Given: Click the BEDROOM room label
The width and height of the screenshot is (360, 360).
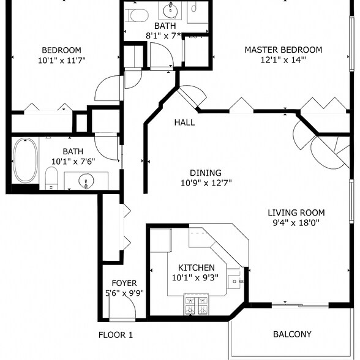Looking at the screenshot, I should pos(61,50).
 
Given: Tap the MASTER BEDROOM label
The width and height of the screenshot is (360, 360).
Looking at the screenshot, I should pos(283,50).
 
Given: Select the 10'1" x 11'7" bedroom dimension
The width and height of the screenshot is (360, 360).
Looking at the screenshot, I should pos(61,61).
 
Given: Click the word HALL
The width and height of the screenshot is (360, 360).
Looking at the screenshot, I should pos(184,122).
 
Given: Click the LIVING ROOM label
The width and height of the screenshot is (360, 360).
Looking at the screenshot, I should pos(296,212).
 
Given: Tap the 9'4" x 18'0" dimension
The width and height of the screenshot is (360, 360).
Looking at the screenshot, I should pos(296,223).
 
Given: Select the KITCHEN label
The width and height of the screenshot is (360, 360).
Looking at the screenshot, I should pos(196,268).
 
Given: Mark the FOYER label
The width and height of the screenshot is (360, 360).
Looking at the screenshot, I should pos(124,283).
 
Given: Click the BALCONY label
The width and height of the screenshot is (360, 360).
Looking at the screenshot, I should pos(291,334).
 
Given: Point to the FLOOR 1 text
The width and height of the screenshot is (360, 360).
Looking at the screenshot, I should pos(116,335).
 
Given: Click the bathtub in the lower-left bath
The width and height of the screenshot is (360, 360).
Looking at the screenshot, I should pos(25,160).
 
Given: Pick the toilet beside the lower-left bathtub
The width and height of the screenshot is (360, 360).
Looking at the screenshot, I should pos(51,179).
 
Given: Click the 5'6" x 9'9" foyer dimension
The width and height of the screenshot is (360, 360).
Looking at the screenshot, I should pos(124,293).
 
